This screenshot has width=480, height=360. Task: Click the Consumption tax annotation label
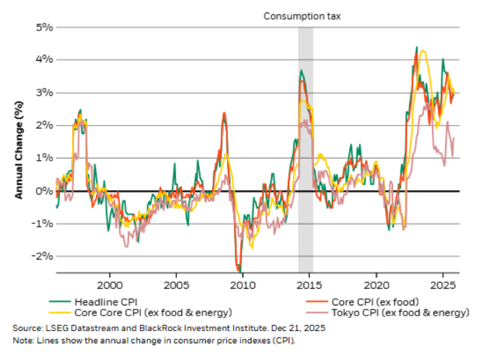(x=302, y=16)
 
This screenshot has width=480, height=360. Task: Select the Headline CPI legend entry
(x=102, y=301)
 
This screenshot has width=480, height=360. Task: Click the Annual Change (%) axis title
(x=19, y=150)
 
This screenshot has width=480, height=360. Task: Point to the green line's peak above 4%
(x=417, y=47)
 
